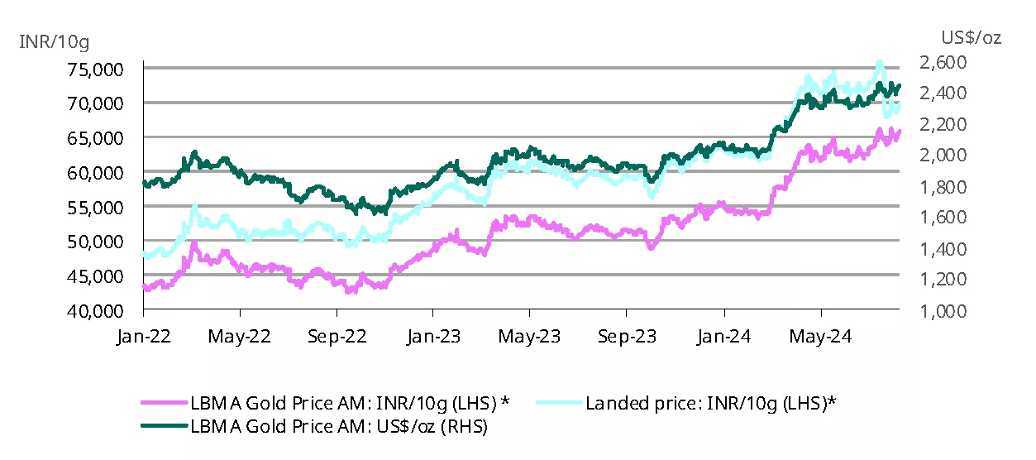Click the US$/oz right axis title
971,38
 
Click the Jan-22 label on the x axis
144,338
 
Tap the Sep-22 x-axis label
337,338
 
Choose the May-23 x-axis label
530,338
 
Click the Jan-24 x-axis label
724,338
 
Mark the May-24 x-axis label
821,338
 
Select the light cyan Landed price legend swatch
559,404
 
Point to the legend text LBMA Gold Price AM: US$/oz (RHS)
338,427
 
